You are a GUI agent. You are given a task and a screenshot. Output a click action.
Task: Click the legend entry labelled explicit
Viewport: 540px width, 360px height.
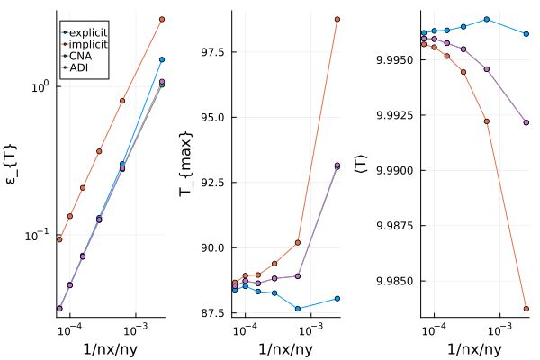click(x=88, y=32)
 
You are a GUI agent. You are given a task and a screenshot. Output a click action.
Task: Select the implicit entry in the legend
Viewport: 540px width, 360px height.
click(x=88, y=44)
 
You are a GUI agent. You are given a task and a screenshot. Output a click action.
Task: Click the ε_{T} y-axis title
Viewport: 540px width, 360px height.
click(x=15, y=162)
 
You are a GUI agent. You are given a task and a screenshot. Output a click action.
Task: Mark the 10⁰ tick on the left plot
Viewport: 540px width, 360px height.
click(x=39, y=87)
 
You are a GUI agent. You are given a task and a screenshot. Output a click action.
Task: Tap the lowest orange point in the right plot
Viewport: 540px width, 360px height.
click(x=526, y=309)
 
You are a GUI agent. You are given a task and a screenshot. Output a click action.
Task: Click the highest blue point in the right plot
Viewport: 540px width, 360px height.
click(x=487, y=19)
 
